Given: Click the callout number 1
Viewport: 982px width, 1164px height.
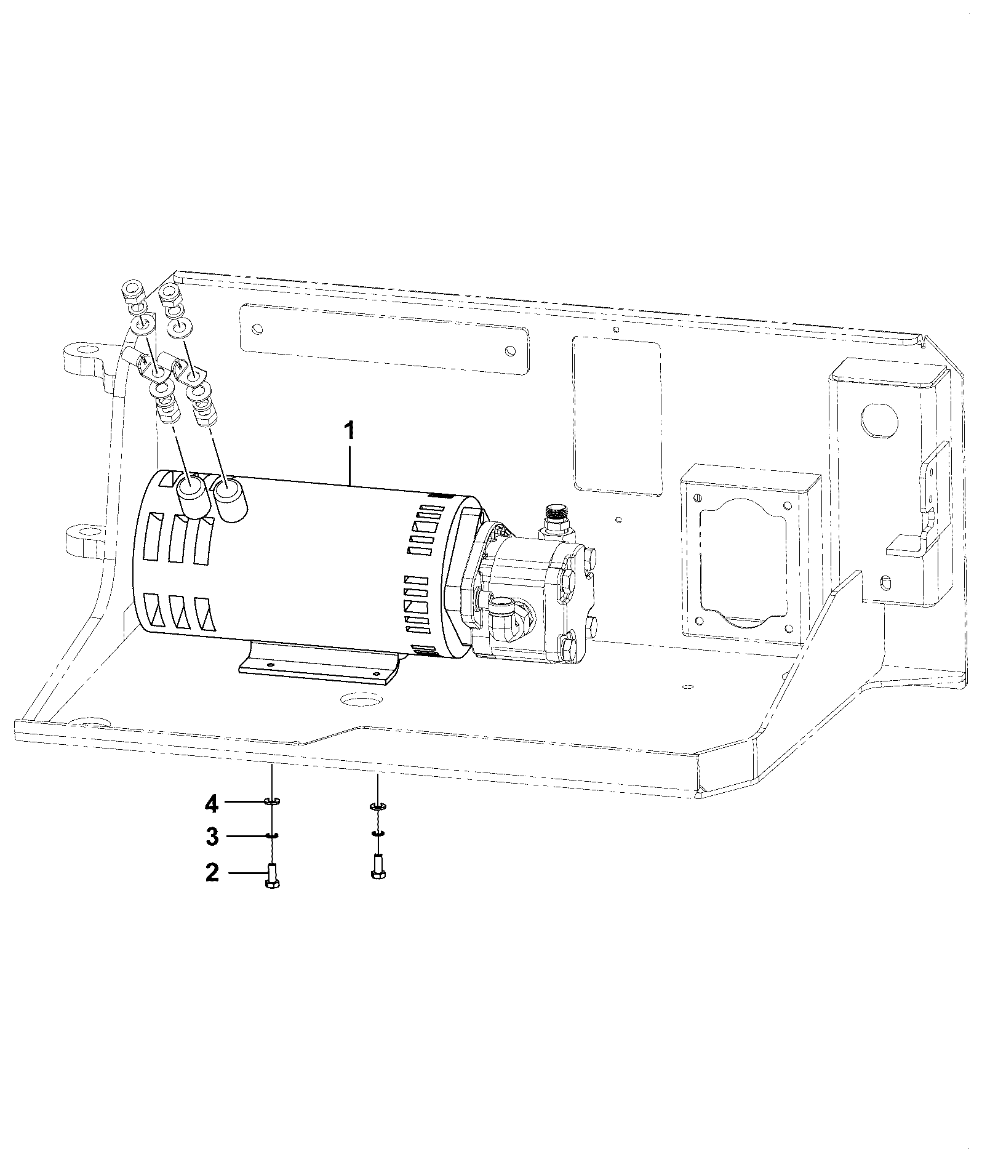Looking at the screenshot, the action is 349,430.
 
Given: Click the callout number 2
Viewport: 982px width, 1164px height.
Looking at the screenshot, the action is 212,872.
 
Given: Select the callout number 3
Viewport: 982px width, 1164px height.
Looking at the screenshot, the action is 212,836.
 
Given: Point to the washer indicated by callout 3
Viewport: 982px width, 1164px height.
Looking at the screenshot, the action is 271,835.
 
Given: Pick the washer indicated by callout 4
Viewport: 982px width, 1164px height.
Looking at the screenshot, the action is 271,801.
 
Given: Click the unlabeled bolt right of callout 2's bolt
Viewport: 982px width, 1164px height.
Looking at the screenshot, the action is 378,867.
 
